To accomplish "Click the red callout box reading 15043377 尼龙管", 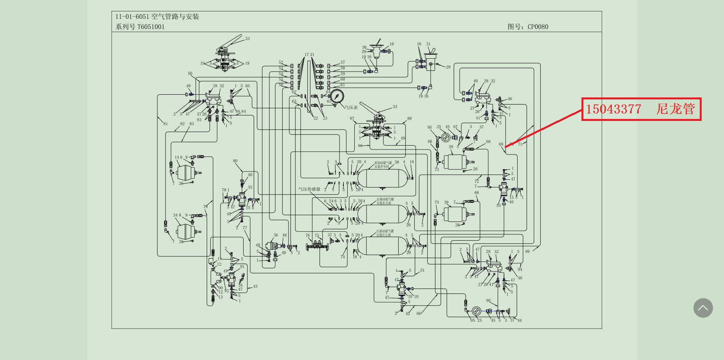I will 641,109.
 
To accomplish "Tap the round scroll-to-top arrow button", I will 703,308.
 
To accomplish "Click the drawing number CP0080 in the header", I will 538,27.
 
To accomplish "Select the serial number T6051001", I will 151,27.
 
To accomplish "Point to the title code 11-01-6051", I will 132,16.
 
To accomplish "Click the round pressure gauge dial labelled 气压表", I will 337,96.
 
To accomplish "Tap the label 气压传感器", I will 309,189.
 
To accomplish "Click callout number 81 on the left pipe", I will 165,124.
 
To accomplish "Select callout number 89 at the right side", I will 527,252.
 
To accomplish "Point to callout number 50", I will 190,74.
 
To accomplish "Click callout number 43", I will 255,286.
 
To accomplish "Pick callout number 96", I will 488,301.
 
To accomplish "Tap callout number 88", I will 409,118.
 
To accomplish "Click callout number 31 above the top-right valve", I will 428,44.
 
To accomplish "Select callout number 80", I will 235,161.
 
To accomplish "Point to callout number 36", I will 276,235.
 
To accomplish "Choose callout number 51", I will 422,270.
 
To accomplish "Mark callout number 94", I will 520,269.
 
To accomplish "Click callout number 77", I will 245,227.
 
